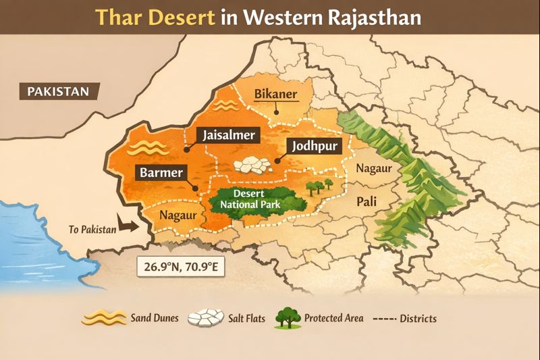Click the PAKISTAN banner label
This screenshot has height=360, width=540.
pos(59,91)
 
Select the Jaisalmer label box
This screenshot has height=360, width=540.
pos(229,135)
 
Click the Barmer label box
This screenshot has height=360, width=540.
pos(161,172)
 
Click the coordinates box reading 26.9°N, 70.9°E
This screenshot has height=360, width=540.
pos(180,265)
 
